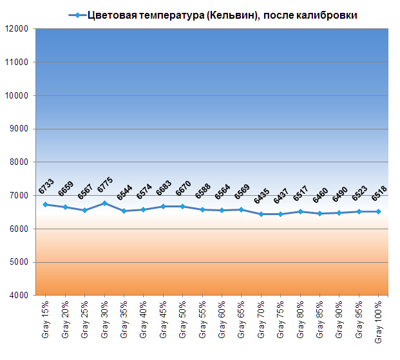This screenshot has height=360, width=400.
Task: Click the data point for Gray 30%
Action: tap(104, 203)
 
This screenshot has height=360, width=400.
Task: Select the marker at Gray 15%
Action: tap(45, 204)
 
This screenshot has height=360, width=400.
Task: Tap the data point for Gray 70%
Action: tap(261, 214)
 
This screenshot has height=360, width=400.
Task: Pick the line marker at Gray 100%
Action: tap(379, 211)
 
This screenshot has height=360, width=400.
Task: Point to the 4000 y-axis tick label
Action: tap(17, 296)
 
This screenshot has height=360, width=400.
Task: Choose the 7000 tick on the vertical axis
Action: tap(17, 196)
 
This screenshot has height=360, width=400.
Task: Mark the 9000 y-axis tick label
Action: tap(17, 129)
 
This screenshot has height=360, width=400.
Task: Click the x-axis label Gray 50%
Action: tap(183, 319)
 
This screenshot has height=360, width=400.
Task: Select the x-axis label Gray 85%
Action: tap(320, 319)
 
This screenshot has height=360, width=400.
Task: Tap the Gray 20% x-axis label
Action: tap(65, 319)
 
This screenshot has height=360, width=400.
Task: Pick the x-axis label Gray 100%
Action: tap(379, 321)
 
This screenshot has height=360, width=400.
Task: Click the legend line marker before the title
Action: tap(77, 15)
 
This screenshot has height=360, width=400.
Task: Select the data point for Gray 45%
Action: tap(163, 206)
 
